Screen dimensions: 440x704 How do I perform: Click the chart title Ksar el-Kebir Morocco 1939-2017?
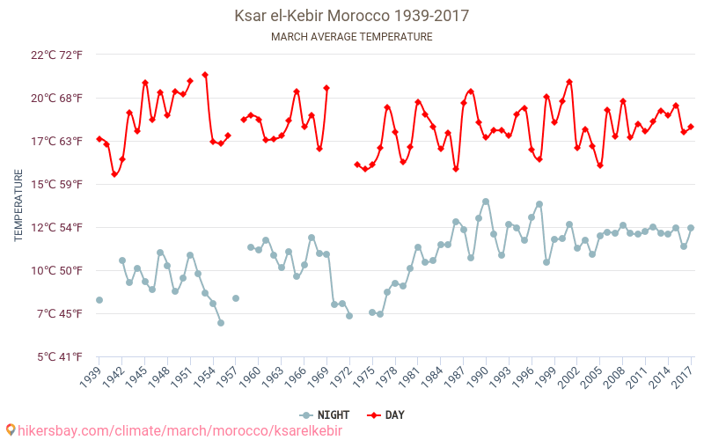point(351,16)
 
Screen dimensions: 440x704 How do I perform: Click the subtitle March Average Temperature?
point(351,37)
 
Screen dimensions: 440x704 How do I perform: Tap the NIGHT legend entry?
point(326,415)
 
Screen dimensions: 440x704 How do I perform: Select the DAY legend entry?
point(387,415)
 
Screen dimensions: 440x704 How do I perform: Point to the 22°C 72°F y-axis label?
point(56,55)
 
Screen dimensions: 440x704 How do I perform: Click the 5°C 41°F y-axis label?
point(58,357)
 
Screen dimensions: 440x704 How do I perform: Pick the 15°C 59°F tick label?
point(56,185)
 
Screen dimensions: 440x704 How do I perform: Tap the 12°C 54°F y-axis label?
point(56,228)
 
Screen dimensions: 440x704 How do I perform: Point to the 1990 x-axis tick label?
point(477,377)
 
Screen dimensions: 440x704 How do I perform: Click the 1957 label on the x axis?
point(226,377)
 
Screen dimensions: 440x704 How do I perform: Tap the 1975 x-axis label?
point(363,377)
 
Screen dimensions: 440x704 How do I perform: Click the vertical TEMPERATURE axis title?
point(18,206)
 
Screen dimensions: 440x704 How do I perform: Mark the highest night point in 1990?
point(486,202)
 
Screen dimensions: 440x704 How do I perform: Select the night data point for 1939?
point(99,300)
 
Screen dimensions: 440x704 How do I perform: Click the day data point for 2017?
point(691,127)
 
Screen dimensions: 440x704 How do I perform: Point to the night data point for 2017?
point(691,228)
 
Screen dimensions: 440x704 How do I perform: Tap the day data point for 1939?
point(99,139)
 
